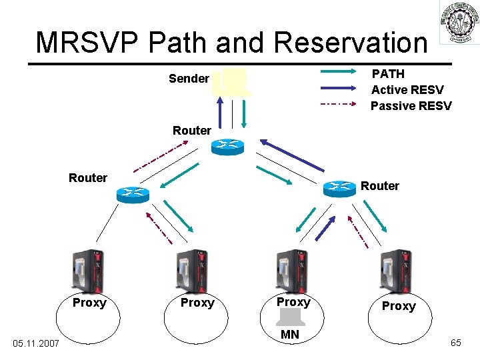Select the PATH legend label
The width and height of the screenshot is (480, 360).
tap(388, 73)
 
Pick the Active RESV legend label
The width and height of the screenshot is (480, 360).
tap(407, 90)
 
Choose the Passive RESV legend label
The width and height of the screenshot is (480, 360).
tap(411, 106)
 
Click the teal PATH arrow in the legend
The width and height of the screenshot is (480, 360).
tap(338, 73)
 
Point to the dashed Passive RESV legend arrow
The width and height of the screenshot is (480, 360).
tap(338, 105)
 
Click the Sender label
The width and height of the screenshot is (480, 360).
tap(189, 79)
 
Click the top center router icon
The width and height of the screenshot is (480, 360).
tap(228, 147)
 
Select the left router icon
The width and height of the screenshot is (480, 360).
tap(133, 194)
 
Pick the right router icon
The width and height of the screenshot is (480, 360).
tap(339, 189)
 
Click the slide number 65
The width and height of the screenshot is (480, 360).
tap(456, 343)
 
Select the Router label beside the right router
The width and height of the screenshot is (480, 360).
tap(380, 186)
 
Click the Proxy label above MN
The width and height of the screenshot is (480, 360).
tap(293, 302)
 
